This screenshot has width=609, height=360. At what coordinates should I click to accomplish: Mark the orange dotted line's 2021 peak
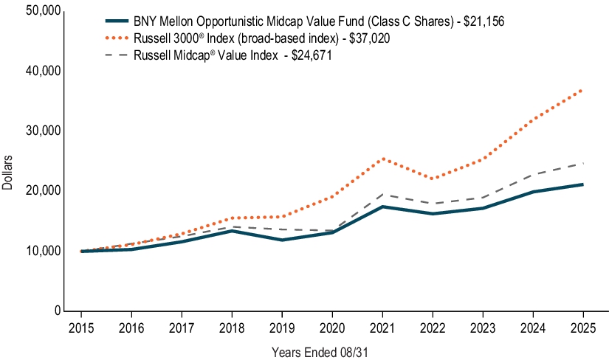(x=382, y=159)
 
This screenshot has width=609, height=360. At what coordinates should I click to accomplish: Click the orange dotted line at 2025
(x=582, y=89)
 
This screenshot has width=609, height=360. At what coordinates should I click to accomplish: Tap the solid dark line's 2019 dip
(x=281, y=240)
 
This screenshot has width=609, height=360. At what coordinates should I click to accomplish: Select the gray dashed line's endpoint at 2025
(x=582, y=163)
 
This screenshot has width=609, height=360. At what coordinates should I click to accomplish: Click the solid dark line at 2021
(x=382, y=207)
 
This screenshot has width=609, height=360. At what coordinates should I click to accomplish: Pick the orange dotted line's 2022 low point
(x=432, y=179)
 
